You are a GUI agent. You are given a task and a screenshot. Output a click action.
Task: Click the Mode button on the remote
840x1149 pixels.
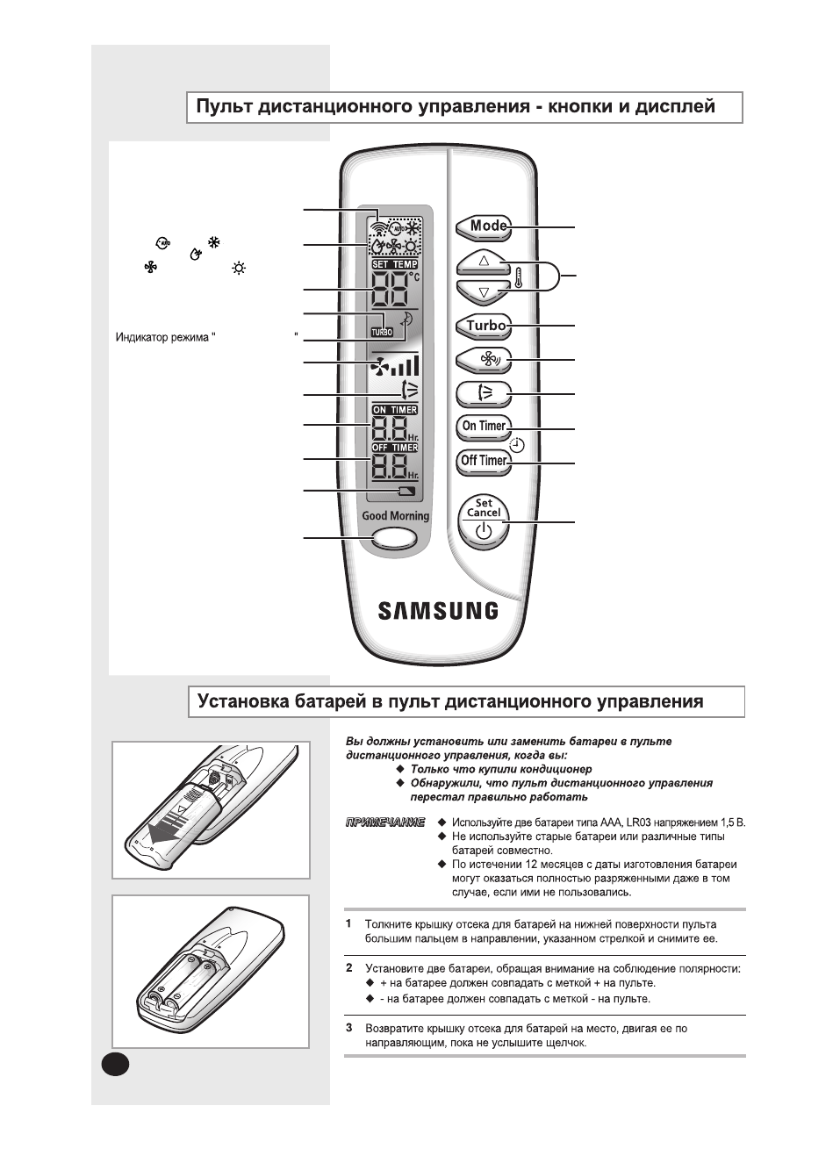click(x=484, y=226)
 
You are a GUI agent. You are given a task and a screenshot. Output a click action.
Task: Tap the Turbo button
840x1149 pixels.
click(x=484, y=326)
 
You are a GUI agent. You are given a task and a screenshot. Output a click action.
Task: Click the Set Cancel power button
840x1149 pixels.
click(x=484, y=522)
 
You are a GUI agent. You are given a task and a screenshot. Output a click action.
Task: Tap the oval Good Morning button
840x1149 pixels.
click(x=394, y=539)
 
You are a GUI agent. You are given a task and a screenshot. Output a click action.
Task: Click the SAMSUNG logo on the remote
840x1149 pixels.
click(x=438, y=611)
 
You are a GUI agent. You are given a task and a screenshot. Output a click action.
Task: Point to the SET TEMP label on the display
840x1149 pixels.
click(x=395, y=264)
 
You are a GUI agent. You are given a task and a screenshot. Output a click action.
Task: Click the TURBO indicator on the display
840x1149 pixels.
click(x=383, y=332)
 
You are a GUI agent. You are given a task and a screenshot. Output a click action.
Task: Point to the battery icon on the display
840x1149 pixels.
click(x=406, y=491)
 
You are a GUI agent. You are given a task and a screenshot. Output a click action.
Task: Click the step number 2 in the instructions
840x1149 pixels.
click(x=348, y=968)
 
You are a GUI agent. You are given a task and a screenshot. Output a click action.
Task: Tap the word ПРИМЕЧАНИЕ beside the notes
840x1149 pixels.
click(x=385, y=822)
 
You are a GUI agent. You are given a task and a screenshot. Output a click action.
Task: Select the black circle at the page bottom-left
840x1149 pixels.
click(x=115, y=1063)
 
